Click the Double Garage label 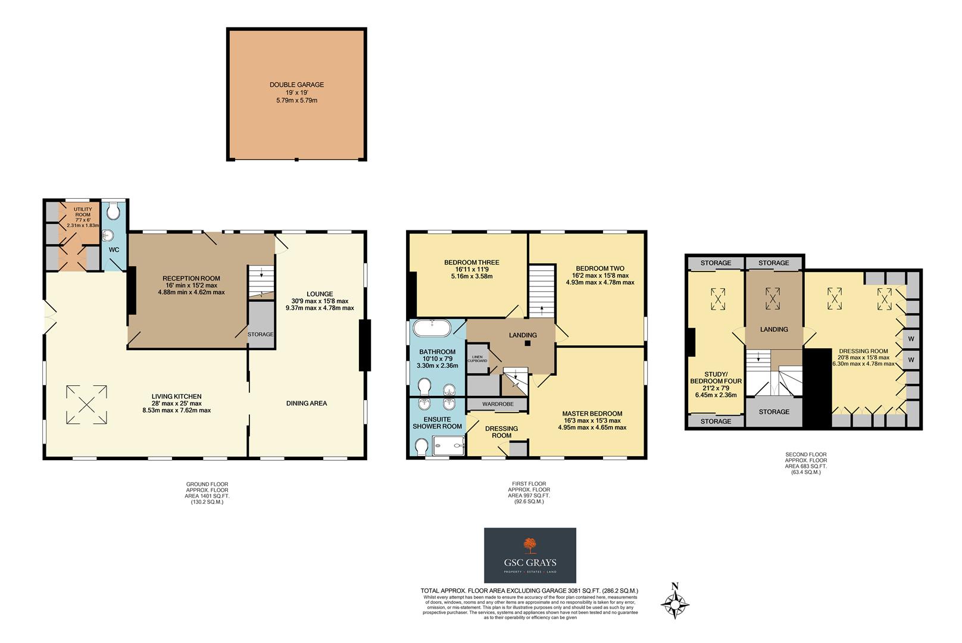[296, 85]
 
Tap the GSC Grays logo [530, 555]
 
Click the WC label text [114, 250]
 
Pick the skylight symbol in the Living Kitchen [87, 405]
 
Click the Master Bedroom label [592, 414]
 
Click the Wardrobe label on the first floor [498, 404]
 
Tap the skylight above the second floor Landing [773, 298]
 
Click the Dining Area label [306, 404]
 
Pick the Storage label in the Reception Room [260, 335]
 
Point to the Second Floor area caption [805, 463]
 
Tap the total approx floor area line [529, 591]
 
